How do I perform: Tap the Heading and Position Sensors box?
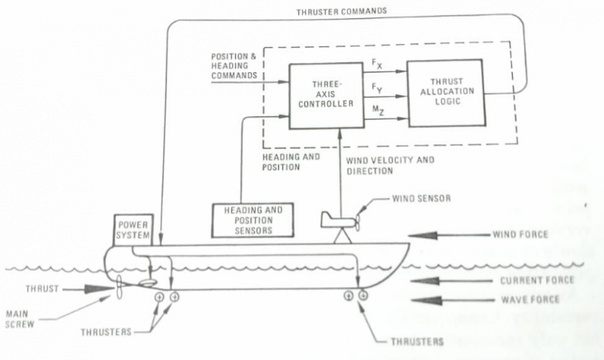253,220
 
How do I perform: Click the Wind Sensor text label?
421,198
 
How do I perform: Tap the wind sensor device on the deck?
339,221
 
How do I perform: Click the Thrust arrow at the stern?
83,289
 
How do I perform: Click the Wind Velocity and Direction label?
389,164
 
